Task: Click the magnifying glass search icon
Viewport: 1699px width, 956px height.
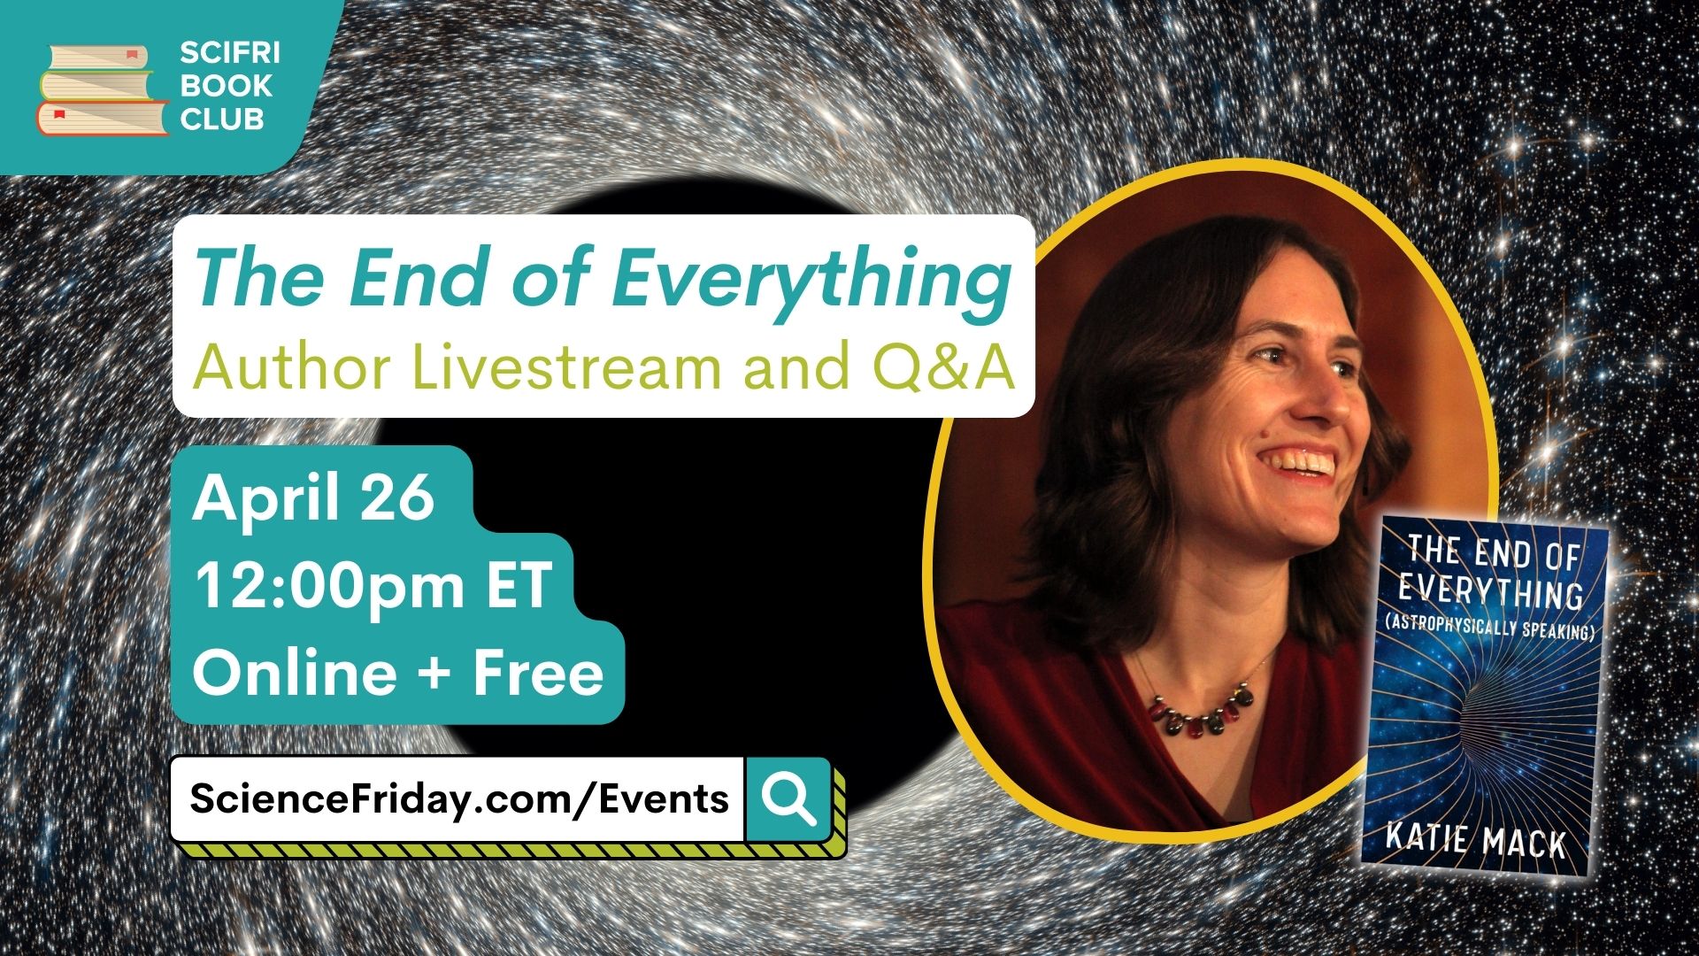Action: pos(789,798)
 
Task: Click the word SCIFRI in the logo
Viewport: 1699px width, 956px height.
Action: pos(230,54)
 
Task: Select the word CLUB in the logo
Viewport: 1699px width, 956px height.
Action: pos(222,119)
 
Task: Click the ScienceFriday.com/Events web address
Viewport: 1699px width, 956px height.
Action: pos(459,798)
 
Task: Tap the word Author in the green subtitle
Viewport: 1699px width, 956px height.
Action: pos(292,366)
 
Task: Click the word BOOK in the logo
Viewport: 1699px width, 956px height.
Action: pos(226,87)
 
